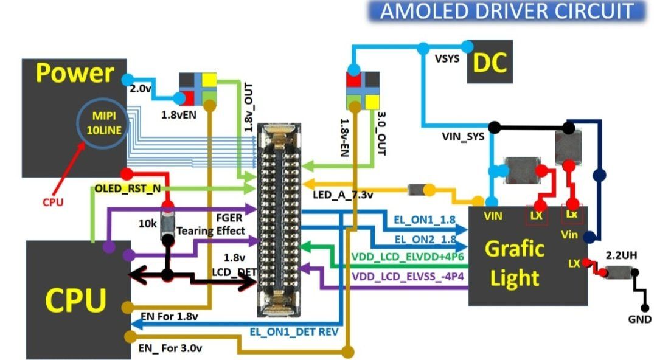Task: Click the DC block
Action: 490,61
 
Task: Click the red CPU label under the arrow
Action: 53,202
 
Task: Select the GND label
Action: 639,319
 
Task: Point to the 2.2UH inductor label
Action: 621,255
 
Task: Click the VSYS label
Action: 447,58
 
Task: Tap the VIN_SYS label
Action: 463,137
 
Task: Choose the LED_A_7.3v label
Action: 342,195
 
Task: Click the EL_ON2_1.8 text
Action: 425,240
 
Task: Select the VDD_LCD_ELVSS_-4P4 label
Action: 408,276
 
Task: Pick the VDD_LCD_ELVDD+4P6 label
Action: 408,257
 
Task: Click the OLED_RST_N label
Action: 127,189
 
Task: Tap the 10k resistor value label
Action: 147,224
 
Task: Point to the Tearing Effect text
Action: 210,231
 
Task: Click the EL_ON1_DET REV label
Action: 294,332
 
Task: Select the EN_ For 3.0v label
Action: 170,348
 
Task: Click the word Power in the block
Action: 75,74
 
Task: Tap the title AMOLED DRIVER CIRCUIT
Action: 507,11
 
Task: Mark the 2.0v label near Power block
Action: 141,88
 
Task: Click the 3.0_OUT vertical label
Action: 381,134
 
